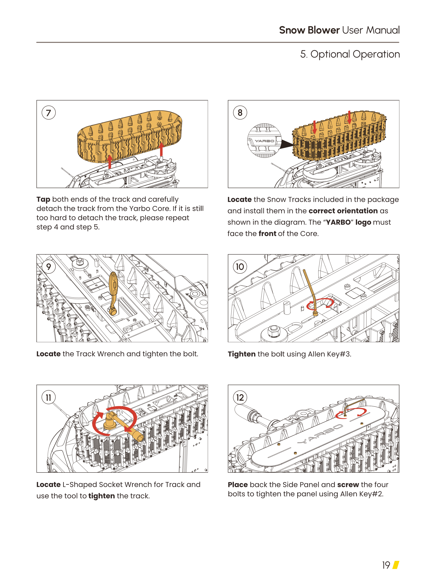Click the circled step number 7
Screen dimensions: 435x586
tap(49, 113)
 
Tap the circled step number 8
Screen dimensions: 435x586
tap(240, 113)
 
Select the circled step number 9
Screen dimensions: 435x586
tap(49, 267)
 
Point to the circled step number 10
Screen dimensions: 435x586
tap(240, 267)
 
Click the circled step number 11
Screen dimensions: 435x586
tap(49, 397)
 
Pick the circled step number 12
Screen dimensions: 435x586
tap(240, 397)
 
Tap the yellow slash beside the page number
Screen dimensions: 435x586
tap(396, 565)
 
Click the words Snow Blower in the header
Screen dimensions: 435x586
tap(309, 30)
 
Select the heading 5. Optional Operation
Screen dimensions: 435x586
tap(350, 54)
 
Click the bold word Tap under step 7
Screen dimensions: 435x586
tap(43, 199)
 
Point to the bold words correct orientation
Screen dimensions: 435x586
tap(343, 211)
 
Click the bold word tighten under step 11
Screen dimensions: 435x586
tap(101, 496)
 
